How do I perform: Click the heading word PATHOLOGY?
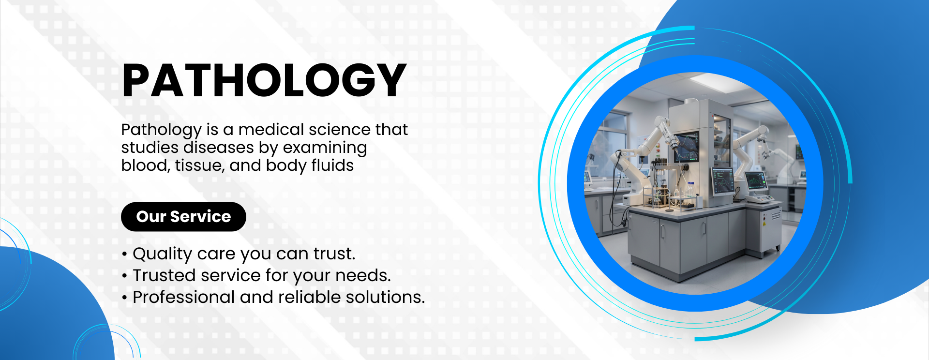(x=264, y=80)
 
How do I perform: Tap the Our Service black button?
(x=183, y=217)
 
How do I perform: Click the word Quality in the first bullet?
(x=163, y=254)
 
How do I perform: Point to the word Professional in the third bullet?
(x=183, y=297)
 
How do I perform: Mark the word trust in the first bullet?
(x=334, y=254)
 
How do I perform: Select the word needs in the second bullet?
(x=363, y=276)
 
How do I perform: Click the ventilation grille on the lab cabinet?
(x=776, y=215)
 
